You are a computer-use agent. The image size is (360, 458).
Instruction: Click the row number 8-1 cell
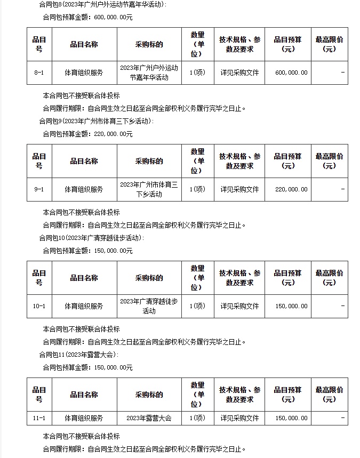point(39,73)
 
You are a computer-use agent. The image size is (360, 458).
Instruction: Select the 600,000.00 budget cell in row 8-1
point(291,73)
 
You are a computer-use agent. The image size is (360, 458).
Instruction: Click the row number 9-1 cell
point(39,189)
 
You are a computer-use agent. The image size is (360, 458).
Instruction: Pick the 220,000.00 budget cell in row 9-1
point(291,189)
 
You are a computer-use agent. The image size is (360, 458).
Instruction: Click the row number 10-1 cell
point(39,306)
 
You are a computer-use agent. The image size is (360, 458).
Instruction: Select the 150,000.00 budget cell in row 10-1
point(291,306)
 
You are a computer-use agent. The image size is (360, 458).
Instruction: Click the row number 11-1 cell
point(39,419)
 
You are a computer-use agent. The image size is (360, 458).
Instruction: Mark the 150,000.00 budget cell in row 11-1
point(291,419)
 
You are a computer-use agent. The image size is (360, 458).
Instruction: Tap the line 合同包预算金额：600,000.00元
point(87,17)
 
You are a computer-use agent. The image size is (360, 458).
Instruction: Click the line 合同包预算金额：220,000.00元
point(87,134)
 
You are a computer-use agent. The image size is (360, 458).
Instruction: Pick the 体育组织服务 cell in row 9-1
point(84,189)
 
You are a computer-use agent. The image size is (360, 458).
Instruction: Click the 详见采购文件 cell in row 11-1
point(239,419)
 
